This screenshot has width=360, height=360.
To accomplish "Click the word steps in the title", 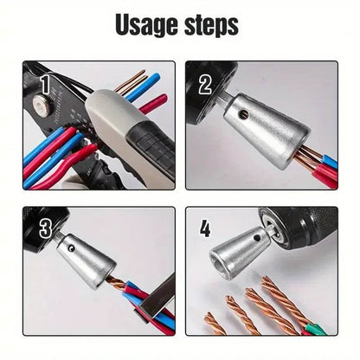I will click(208, 26).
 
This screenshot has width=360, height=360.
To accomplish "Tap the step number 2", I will click(206, 85).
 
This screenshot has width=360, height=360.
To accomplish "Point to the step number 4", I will click(204, 230).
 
